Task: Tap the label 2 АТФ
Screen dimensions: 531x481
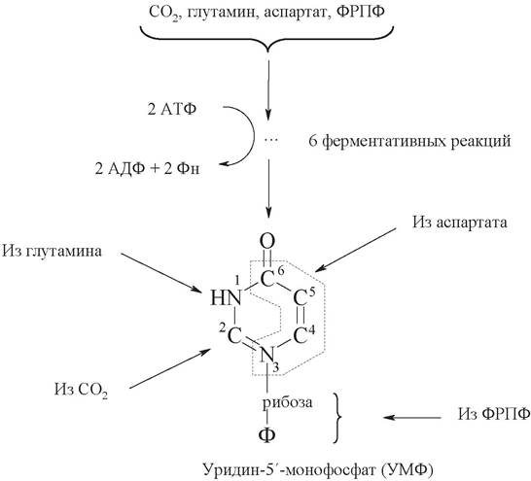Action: point(172,109)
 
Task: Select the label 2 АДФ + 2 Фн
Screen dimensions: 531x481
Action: point(147,169)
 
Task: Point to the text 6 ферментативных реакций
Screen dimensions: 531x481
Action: point(409,141)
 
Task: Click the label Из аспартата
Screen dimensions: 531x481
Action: point(460,223)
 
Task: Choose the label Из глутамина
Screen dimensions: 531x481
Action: point(52,252)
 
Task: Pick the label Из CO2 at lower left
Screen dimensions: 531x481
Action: point(82,390)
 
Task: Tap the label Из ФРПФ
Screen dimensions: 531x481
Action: point(494,413)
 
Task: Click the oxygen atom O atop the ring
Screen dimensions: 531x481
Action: point(267,242)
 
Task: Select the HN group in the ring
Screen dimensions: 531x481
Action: point(226,298)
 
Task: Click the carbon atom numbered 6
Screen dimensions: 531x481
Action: point(266,280)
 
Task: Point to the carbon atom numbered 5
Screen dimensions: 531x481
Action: point(301,298)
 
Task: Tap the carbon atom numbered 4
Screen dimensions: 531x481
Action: point(301,336)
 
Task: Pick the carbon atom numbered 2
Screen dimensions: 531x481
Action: point(233,336)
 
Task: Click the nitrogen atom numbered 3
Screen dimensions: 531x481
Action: point(266,356)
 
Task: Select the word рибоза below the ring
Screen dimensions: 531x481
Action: point(288,403)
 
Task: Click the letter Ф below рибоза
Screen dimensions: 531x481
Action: point(267,435)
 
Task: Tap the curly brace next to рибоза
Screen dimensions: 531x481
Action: point(338,418)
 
